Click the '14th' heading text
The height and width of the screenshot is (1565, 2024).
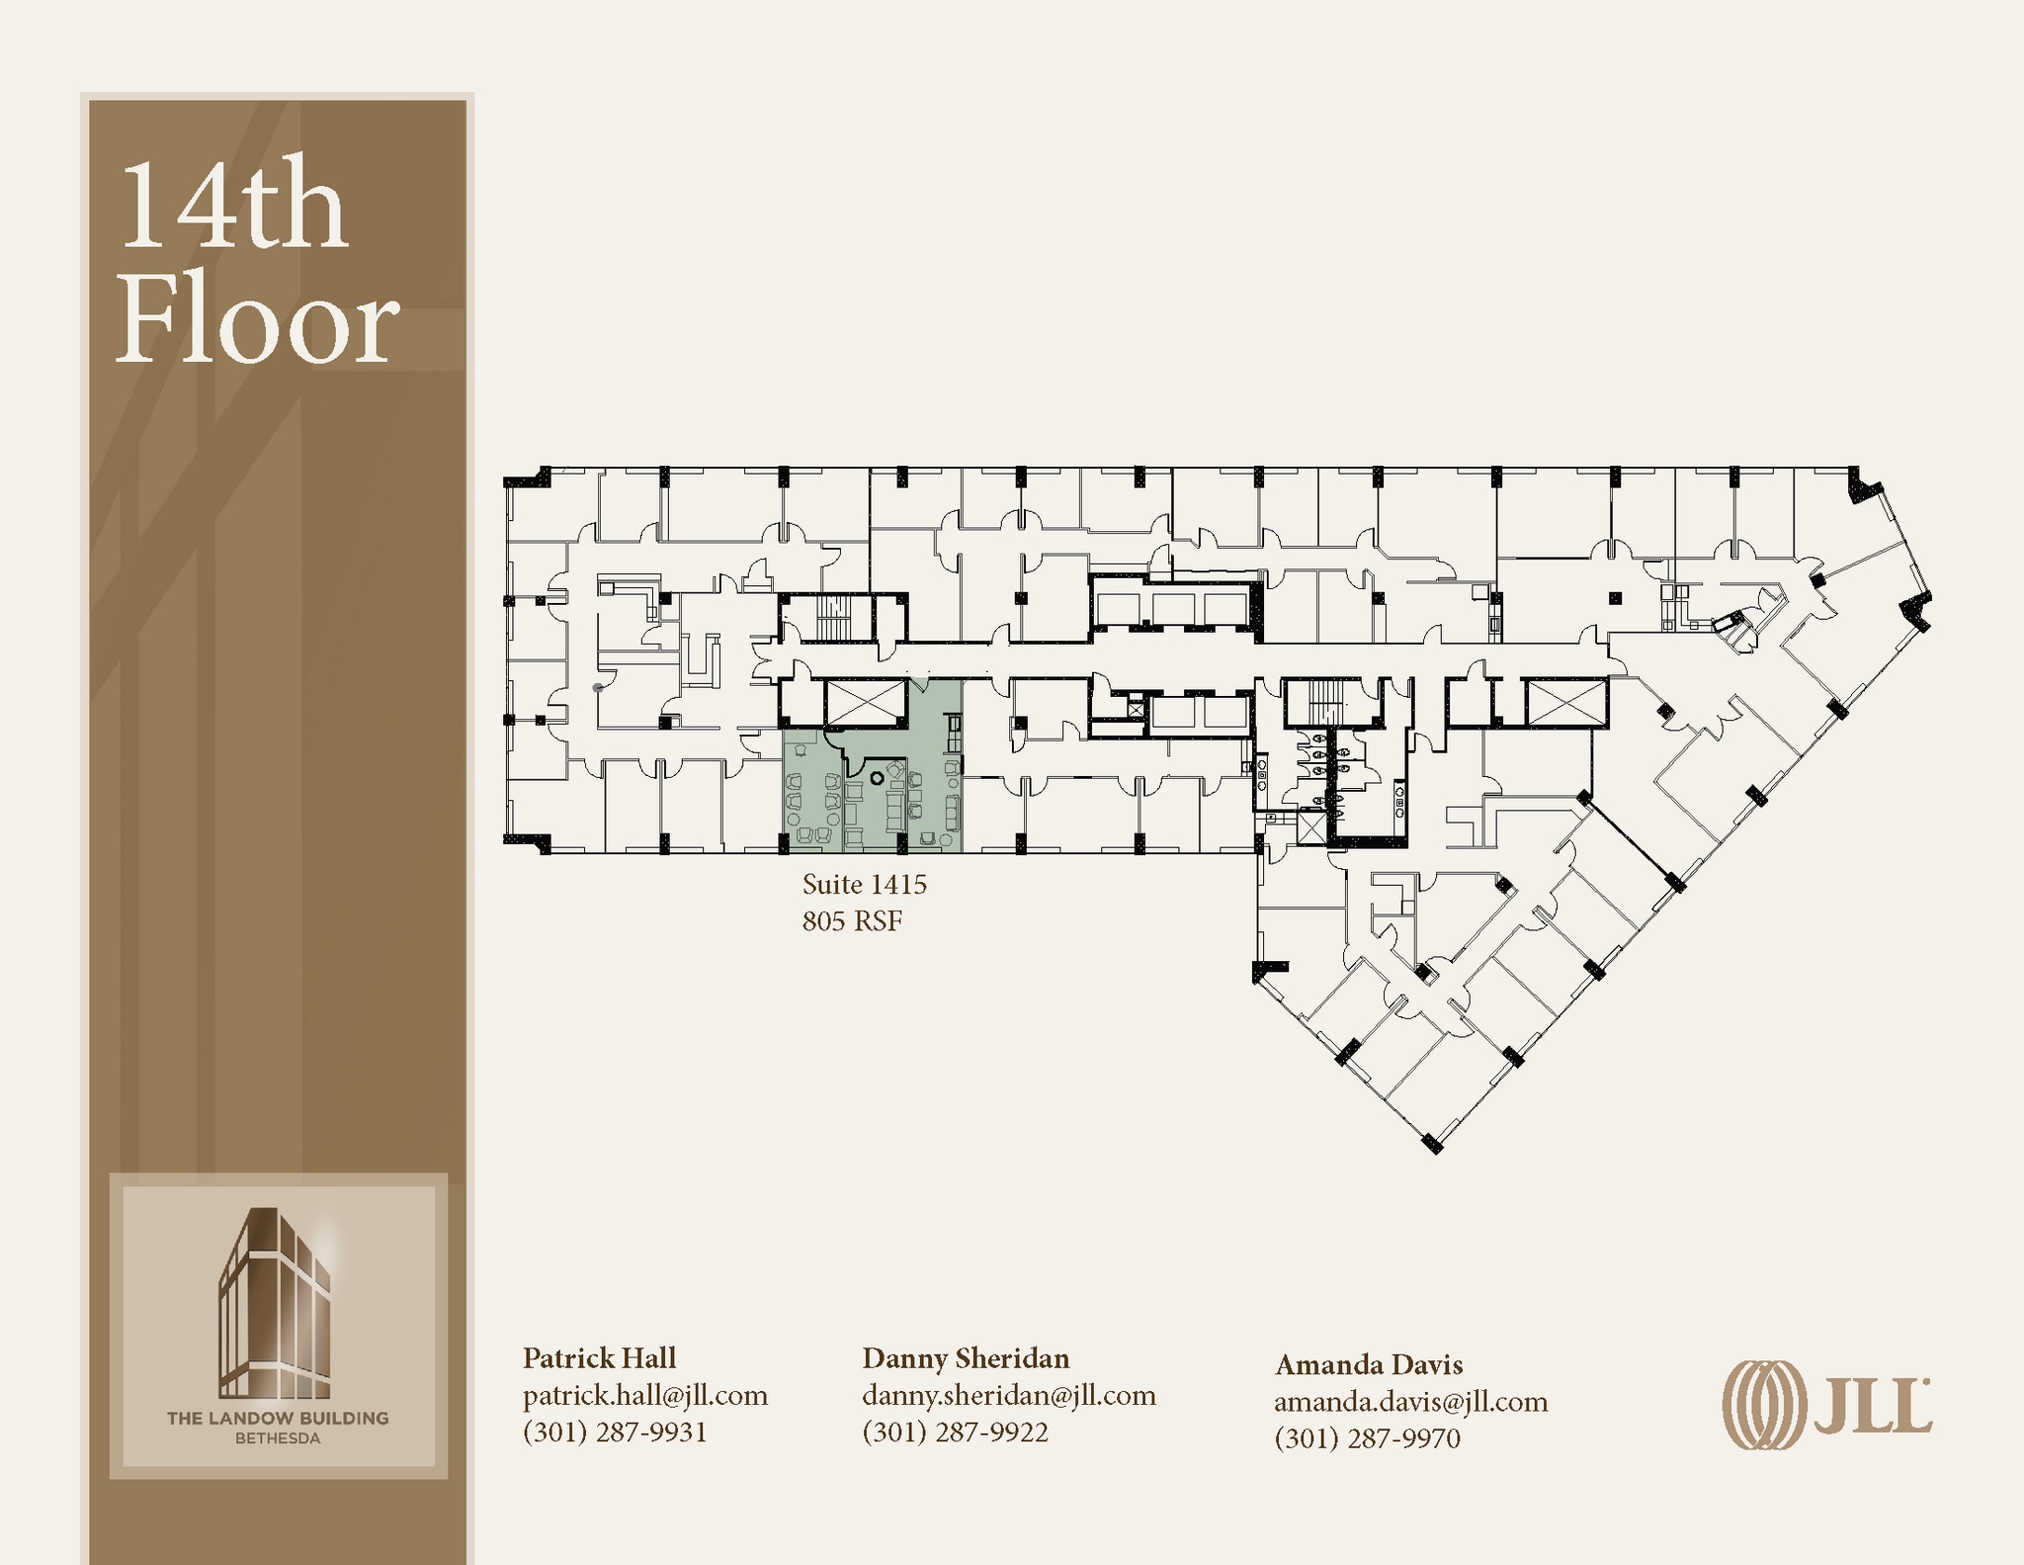click(233, 206)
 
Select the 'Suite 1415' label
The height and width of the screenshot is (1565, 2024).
click(865, 884)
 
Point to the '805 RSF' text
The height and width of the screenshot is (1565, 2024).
click(852, 921)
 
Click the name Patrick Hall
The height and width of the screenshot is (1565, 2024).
click(599, 1357)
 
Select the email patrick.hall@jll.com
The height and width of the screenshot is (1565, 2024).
click(645, 1395)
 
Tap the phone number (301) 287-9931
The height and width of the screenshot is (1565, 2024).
click(615, 1433)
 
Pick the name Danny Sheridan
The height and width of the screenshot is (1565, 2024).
click(966, 1357)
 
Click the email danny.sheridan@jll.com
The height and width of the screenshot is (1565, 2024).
click(1009, 1395)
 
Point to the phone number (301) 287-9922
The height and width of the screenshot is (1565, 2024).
click(955, 1433)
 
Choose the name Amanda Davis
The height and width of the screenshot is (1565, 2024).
click(1369, 1364)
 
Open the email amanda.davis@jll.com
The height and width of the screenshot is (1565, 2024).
click(1411, 1402)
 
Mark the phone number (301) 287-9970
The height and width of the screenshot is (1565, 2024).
click(1368, 1438)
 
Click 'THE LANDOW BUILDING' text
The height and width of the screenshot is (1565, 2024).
click(278, 1418)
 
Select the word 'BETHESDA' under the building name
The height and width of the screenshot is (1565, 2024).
click(278, 1438)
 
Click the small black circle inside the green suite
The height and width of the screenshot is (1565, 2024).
click(877, 778)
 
